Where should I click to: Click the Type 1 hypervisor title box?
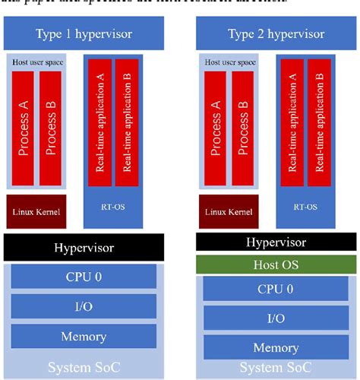coord(84,34)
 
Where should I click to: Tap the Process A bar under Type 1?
coord(24,126)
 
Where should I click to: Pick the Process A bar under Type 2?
coord(216,126)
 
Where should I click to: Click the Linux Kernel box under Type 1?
coord(36,211)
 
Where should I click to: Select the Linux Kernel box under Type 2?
coord(229,211)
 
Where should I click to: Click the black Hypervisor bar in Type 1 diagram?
coord(84,247)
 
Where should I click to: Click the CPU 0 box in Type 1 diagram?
coord(84,276)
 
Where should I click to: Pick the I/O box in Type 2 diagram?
coord(276,318)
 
